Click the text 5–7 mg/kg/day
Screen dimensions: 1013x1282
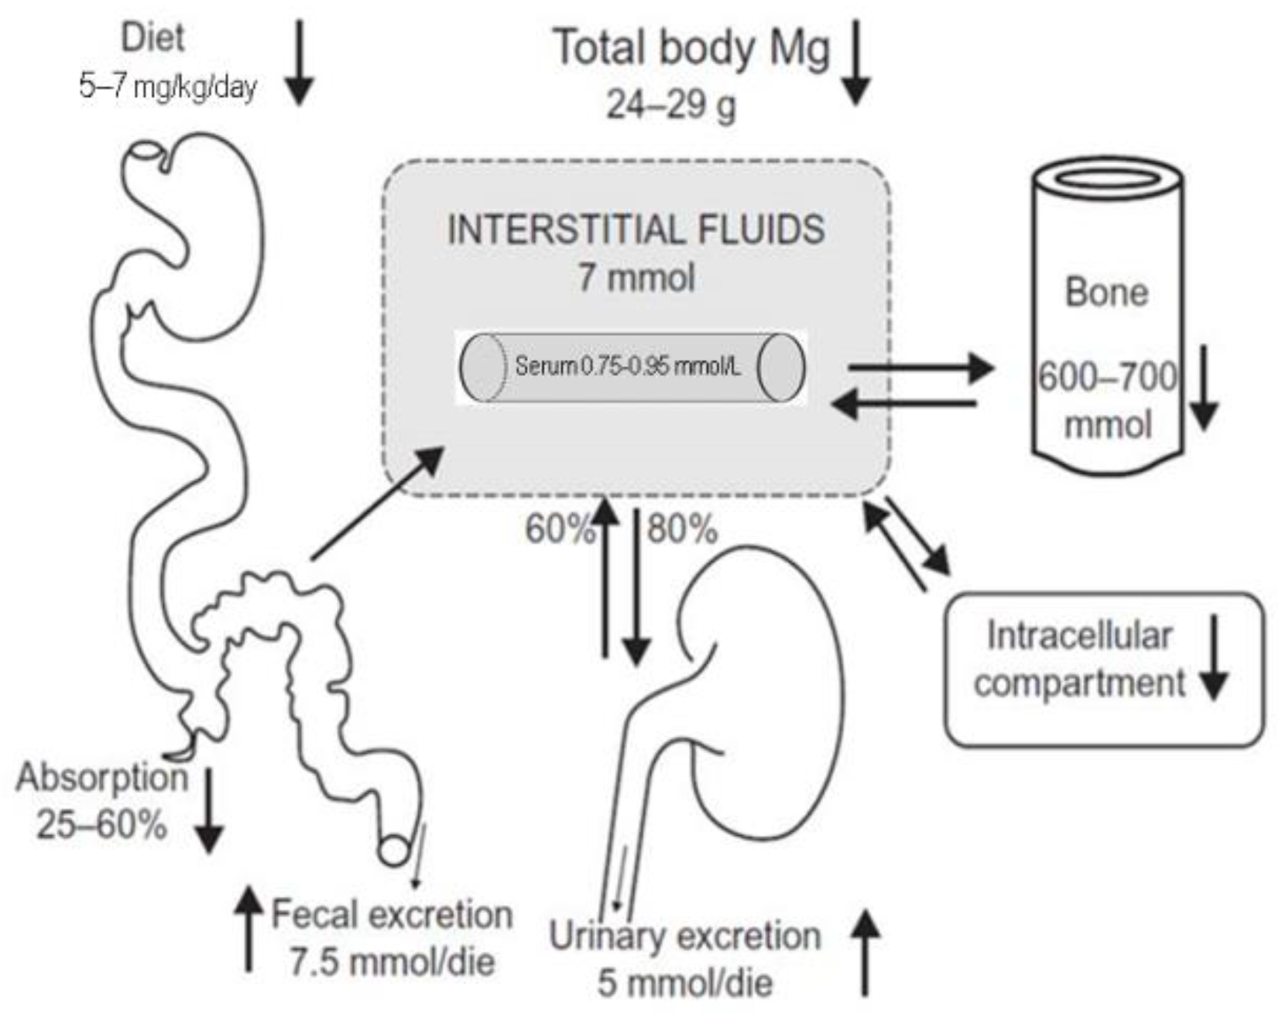click(167, 86)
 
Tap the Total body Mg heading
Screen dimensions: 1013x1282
click(691, 48)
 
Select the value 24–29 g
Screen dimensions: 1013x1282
click(670, 104)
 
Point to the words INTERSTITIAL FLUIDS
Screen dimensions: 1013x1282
click(636, 230)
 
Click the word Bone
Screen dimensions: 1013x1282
click(1106, 293)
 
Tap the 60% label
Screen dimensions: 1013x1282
click(559, 530)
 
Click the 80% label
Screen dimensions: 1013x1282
click(682, 530)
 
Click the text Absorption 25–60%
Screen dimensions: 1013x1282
click(102, 801)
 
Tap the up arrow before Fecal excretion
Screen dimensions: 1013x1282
click(249, 929)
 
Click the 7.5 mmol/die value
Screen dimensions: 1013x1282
click(392, 962)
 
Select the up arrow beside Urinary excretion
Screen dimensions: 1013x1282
click(866, 952)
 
